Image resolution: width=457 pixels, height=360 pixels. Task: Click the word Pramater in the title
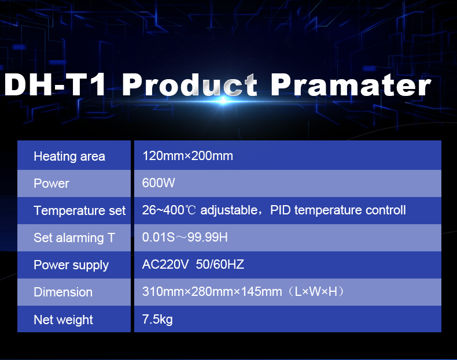coord(351,85)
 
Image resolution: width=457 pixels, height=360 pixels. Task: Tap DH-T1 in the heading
coord(55,85)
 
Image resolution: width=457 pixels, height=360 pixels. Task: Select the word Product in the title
coord(190,85)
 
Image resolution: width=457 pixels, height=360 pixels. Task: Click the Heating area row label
coord(69,157)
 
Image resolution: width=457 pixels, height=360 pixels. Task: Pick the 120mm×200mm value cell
coord(187,156)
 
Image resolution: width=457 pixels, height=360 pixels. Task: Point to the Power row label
coord(51,184)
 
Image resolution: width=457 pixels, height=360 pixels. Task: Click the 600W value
coord(159,183)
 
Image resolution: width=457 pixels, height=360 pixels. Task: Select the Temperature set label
coord(80,211)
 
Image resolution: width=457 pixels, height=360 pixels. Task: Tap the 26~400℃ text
coord(169,210)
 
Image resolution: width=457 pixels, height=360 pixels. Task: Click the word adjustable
coord(229,210)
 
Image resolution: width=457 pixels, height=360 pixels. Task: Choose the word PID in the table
coord(281,210)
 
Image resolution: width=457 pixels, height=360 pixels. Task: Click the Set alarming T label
coord(74,237)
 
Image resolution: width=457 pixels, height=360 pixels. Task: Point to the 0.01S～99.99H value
coord(185,237)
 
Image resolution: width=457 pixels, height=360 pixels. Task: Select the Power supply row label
coord(71,265)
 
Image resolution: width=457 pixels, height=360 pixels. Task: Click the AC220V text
coord(165,265)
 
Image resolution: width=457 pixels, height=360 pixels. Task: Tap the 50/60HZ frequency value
coord(220,265)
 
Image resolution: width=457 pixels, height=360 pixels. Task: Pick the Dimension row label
coord(63,292)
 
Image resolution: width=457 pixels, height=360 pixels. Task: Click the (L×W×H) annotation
coord(316,292)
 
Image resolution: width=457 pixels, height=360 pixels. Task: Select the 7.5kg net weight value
coord(157,320)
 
